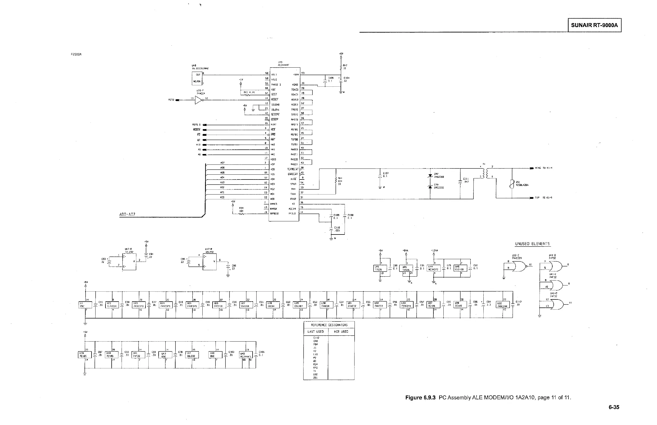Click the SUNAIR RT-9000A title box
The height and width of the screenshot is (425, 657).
594,25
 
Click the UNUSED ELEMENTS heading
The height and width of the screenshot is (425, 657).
532,244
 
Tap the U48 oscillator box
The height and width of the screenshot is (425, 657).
197,78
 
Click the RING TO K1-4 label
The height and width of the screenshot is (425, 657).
543,168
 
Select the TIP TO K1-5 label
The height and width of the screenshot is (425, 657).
543,197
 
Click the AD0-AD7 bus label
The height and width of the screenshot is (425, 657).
127,214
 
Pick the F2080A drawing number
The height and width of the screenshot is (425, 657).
76,54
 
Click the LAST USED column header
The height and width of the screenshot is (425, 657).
316,331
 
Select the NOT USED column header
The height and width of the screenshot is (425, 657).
341,331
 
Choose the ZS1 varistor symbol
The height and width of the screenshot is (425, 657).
512,184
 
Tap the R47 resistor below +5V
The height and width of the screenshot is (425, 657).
341,67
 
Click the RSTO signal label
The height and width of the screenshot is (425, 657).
171,100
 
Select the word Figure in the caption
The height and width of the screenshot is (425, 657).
413,398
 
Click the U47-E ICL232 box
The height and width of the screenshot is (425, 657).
129,262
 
